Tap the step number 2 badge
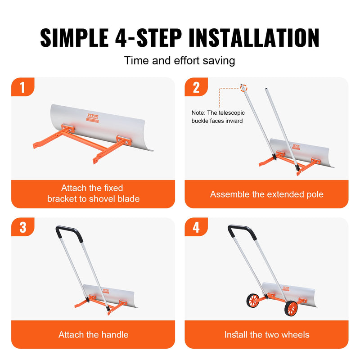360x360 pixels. click(196, 87)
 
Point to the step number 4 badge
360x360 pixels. click(196, 227)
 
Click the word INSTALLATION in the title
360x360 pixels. click(254, 38)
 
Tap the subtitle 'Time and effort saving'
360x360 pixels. click(180, 60)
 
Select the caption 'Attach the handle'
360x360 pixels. click(93, 334)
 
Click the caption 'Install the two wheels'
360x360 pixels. click(267, 334)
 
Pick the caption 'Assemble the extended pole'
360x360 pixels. click(267, 194)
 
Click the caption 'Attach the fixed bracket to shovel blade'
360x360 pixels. click(93, 193)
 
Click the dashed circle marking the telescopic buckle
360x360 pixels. click(243, 87)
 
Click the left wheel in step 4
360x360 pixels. click(253, 301)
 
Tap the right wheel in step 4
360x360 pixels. click(292, 308)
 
